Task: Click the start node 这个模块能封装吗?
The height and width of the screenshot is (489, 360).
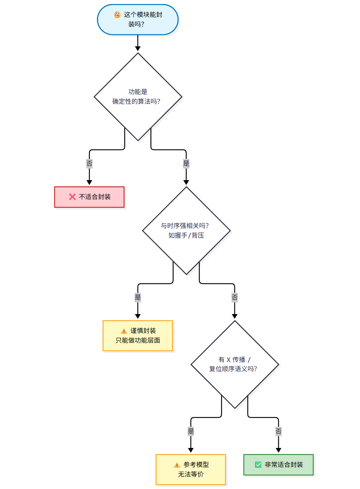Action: click(138, 19)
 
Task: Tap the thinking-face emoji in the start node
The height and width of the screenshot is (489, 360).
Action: click(117, 15)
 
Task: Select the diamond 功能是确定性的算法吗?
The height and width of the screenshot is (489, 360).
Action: click(138, 97)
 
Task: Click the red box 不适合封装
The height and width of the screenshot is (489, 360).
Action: click(89, 197)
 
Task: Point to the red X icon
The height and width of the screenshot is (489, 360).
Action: click(72, 197)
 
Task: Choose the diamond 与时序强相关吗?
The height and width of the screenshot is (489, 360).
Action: click(186, 230)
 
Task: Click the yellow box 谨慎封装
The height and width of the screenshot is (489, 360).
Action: click(138, 335)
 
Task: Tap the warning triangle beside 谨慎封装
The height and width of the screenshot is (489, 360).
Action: click(124, 331)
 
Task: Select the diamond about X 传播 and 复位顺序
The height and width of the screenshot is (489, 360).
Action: click(235, 364)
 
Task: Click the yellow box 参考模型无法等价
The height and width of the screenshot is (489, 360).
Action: click(191, 469)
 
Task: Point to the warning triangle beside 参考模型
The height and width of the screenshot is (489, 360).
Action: click(177, 465)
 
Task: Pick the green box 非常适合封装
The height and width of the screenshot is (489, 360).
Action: click(278, 464)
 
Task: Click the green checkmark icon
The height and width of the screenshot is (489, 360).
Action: click(258, 464)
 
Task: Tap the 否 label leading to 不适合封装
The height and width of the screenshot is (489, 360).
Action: click(89, 164)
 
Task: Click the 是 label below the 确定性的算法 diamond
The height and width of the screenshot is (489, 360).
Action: click(186, 164)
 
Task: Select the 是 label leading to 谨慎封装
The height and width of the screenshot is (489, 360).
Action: click(138, 297)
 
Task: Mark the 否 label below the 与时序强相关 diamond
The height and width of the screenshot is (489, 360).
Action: click(235, 297)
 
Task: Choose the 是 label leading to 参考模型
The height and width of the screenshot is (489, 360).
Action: click(191, 431)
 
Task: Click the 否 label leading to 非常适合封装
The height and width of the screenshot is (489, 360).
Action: click(278, 431)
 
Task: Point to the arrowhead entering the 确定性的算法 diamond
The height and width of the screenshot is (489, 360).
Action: click(138, 49)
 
